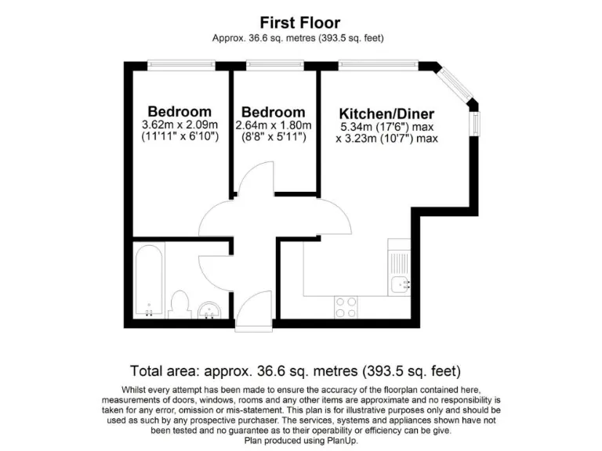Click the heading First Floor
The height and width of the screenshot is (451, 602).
[300, 23]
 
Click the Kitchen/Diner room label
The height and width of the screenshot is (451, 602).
[387, 114]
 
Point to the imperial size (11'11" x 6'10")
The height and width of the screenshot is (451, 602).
[180, 137]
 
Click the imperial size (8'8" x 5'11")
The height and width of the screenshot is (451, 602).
[274, 137]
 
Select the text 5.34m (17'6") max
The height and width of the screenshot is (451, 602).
[387, 127]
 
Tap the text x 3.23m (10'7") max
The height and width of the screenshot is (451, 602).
[387, 139]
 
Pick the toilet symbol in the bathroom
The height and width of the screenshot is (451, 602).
[180, 305]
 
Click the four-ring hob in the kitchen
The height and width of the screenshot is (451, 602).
[346, 303]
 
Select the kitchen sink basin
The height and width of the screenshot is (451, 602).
[401, 283]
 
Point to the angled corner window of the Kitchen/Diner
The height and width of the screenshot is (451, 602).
[454, 82]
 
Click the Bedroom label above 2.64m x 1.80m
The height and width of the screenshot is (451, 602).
[274, 112]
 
